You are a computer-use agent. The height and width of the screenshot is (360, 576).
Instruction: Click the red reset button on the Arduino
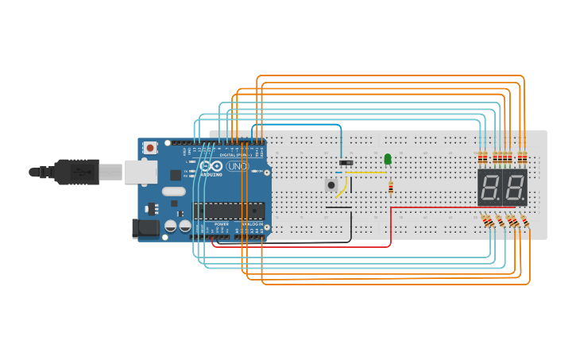tap(150, 148)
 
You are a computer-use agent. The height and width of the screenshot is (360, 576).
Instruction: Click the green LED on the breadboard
tap(388, 159)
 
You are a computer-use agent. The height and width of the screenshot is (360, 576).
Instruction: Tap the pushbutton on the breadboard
tap(331, 185)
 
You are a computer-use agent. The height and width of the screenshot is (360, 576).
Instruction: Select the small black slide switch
tap(346, 163)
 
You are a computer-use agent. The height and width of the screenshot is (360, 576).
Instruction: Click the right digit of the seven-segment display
tap(514, 188)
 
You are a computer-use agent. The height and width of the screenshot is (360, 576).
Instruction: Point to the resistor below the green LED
tap(391, 188)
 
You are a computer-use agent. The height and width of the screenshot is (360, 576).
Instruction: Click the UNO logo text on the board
tap(238, 167)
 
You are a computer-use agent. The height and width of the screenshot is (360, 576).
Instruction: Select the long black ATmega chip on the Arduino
tap(229, 211)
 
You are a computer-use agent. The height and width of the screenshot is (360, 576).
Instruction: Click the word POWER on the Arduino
tap(222, 225)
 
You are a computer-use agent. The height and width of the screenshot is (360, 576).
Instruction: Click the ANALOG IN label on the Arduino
tap(252, 225)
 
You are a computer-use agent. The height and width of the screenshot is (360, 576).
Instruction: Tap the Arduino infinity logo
tap(213, 166)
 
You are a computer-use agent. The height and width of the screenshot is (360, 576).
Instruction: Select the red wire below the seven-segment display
tap(445, 207)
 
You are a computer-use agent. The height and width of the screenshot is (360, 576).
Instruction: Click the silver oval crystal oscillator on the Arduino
tap(172, 192)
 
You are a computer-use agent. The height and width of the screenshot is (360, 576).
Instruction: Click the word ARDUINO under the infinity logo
tap(211, 174)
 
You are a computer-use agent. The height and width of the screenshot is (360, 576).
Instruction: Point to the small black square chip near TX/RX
tap(176, 175)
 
